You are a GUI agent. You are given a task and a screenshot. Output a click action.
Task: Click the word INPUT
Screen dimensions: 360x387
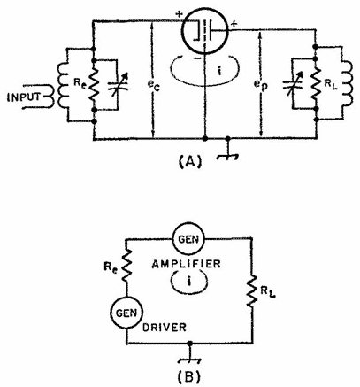click(x=25, y=97)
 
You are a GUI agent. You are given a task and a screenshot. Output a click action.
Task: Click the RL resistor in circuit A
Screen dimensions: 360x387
click(x=316, y=83)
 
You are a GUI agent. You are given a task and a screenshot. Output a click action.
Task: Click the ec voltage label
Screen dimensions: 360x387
click(x=154, y=85)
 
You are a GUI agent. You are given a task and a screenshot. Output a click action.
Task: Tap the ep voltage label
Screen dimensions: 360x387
click(x=261, y=85)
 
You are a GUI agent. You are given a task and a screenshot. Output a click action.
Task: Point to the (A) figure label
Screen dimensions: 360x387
click(x=191, y=161)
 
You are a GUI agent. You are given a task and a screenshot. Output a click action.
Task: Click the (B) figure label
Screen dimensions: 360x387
click(x=190, y=376)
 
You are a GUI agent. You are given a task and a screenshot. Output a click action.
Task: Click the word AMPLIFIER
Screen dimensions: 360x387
click(x=186, y=264)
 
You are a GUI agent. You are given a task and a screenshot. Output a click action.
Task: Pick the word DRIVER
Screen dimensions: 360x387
click(x=165, y=328)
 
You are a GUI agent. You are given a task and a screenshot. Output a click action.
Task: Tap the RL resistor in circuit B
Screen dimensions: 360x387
click(x=252, y=290)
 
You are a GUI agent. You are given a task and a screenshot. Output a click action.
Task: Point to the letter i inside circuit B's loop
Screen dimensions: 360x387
click(x=189, y=282)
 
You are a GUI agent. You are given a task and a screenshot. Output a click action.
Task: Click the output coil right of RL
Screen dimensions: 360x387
click(x=348, y=83)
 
